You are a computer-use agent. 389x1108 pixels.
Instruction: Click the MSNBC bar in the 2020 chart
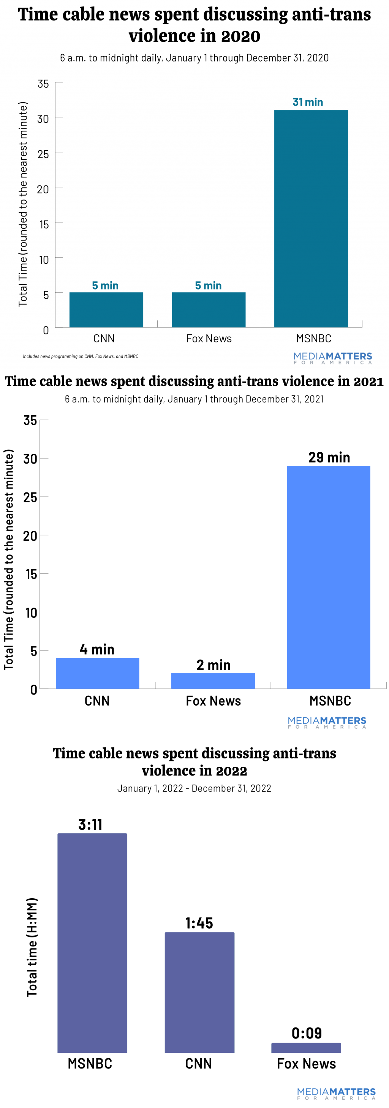(x=311, y=218)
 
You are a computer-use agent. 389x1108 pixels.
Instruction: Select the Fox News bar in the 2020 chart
(x=209, y=310)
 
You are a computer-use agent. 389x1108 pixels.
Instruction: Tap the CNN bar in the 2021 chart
(x=98, y=673)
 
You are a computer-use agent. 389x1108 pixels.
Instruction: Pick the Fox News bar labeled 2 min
(x=213, y=681)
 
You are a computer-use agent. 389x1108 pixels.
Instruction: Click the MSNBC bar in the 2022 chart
(x=92, y=943)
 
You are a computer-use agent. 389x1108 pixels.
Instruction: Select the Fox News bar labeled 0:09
(x=306, y=1048)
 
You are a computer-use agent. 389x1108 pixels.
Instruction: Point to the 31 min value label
(x=308, y=102)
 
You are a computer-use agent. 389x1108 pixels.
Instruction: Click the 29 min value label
(x=329, y=457)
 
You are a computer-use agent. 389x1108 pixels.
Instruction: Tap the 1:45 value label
(x=199, y=923)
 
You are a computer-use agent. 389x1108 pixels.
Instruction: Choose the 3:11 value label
(x=90, y=825)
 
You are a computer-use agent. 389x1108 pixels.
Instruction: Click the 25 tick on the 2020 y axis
(x=43, y=154)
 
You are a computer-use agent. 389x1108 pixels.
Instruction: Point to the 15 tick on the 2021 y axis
(x=32, y=574)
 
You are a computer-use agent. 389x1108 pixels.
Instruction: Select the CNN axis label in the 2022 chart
(x=199, y=1064)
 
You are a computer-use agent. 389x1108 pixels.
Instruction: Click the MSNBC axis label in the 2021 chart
(x=330, y=701)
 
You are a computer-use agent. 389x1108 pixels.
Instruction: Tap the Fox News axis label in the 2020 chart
(x=209, y=339)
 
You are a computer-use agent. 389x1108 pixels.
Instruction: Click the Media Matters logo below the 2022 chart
(x=336, y=1094)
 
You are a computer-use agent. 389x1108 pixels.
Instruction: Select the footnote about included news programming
(x=81, y=356)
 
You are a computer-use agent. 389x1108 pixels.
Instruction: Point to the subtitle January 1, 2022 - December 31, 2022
(x=194, y=788)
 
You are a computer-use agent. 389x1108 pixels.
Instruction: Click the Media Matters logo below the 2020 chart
(x=333, y=358)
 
